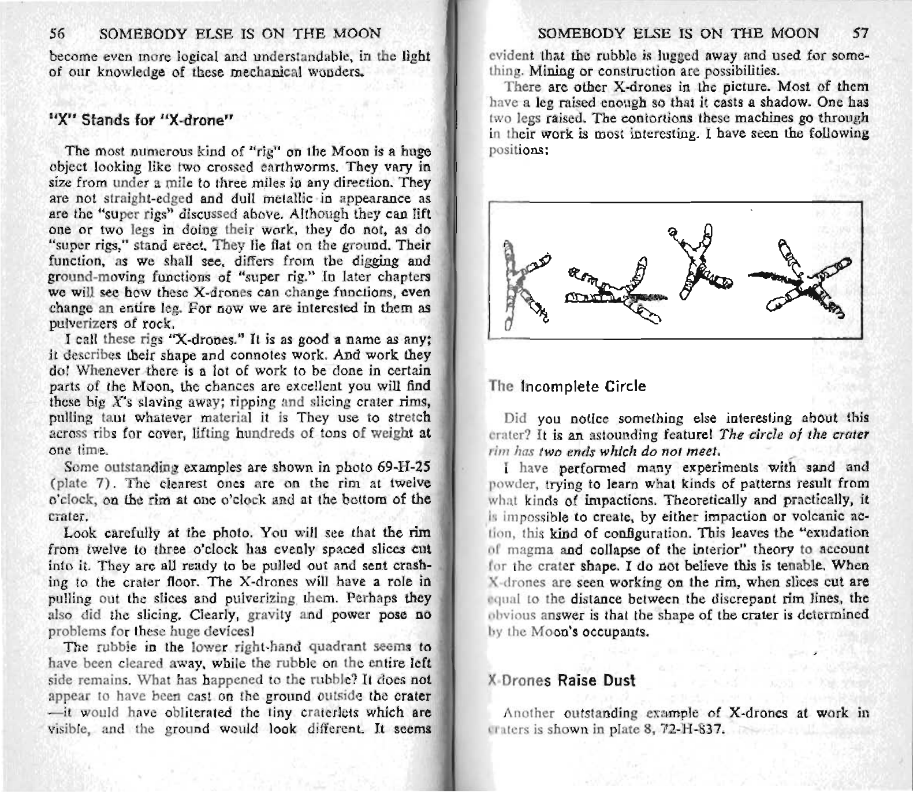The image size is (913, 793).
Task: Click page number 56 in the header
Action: (57, 33)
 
